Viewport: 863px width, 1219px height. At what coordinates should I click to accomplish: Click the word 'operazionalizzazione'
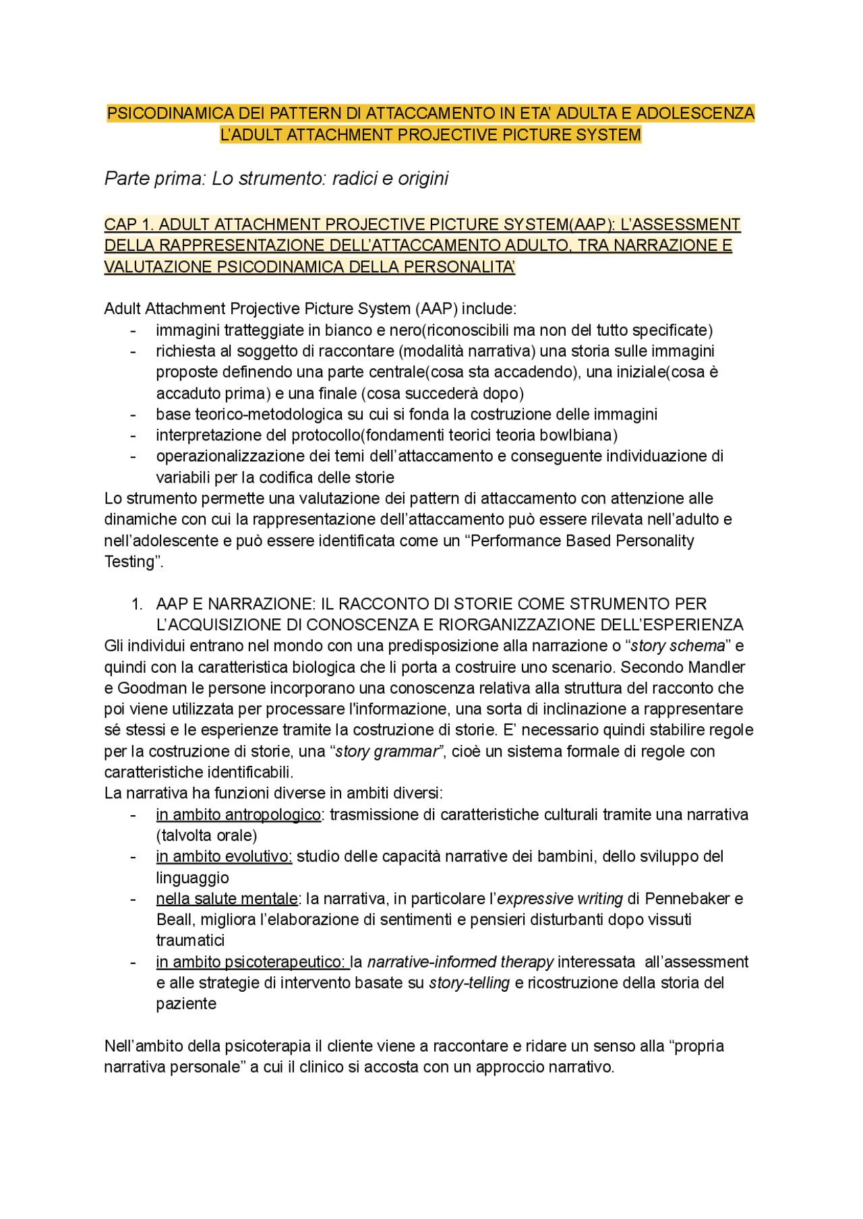coord(229,456)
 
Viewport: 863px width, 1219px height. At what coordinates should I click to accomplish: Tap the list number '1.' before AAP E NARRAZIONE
coord(137,604)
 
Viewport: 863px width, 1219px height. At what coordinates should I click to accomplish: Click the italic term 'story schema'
coord(678,646)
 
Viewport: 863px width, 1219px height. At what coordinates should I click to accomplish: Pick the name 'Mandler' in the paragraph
coord(716,667)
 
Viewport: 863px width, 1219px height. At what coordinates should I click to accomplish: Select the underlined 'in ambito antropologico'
coord(238,814)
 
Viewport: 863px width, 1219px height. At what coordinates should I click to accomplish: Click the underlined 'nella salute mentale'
coord(227,899)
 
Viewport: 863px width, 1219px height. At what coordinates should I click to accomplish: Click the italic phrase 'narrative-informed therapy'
coord(460,962)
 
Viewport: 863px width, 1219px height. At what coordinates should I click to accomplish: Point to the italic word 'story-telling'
coord(469,983)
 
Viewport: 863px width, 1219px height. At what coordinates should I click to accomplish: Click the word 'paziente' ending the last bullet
coord(186,1004)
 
